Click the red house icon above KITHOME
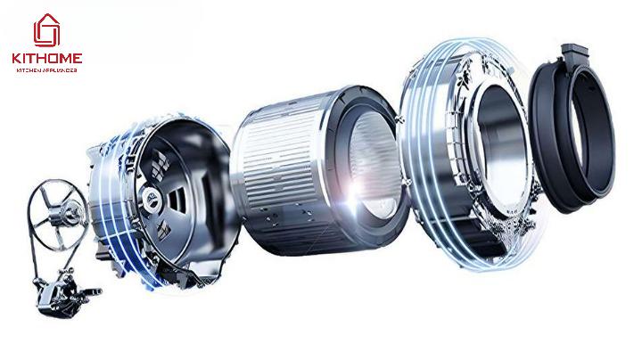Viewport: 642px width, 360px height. (x=46, y=30)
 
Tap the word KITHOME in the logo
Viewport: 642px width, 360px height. (x=47, y=59)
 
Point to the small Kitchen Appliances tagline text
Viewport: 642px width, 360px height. (x=46, y=70)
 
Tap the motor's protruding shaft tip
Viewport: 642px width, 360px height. (x=97, y=291)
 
